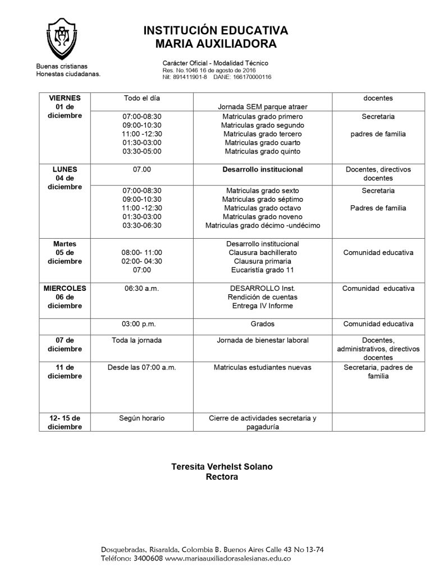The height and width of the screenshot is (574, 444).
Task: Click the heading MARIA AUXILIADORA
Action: [x=216, y=44]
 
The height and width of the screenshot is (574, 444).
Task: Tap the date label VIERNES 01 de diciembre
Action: [x=65, y=107]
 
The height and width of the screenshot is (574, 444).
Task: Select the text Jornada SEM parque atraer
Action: [x=263, y=107]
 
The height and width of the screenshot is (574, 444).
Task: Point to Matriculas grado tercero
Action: [x=263, y=134]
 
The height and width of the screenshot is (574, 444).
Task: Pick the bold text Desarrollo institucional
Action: [x=263, y=169]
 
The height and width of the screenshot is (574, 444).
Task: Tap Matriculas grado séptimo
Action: [x=263, y=199]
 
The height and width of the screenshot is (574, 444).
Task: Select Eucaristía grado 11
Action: [x=263, y=270]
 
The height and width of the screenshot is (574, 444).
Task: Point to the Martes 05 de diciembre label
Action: [x=65, y=253]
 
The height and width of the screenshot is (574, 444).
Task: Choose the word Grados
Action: [x=263, y=324]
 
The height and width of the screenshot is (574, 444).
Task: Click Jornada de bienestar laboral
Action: [x=263, y=340]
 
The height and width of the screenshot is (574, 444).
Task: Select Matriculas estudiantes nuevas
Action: [x=263, y=367]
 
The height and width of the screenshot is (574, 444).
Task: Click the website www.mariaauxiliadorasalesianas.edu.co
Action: [x=228, y=558]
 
